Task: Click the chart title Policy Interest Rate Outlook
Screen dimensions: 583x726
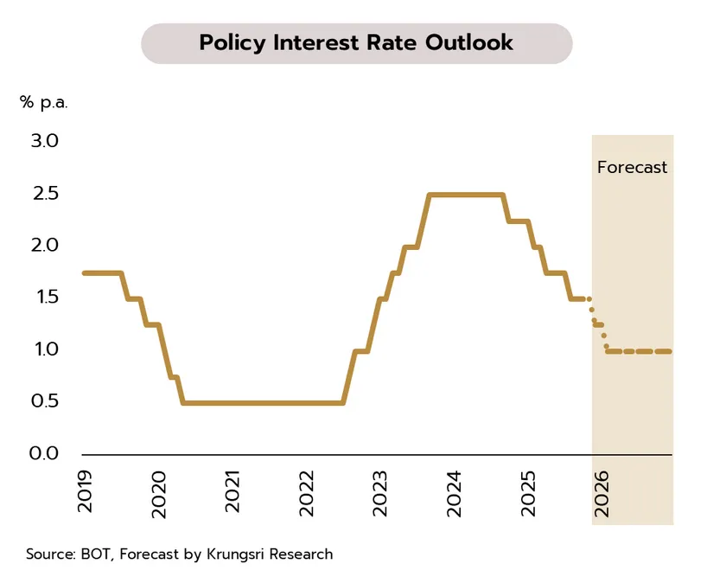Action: pos(356,42)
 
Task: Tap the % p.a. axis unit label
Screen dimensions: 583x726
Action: pos(43,102)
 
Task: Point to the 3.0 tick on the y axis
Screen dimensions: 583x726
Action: pos(44,141)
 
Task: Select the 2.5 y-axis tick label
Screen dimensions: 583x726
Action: pos(44,193)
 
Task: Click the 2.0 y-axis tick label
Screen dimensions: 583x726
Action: pos(44,245)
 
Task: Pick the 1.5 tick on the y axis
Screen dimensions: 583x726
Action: pos(44,297)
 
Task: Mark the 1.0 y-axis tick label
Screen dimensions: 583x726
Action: pos(44,349)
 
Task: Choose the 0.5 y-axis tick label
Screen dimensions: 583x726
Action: pos(44,401)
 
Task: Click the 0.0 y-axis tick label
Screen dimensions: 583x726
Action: pos(44,453)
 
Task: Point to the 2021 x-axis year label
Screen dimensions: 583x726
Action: pos(232,492)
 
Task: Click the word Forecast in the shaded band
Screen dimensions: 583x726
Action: pos(633,167)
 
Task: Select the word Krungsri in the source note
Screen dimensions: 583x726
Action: pos(236,554)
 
